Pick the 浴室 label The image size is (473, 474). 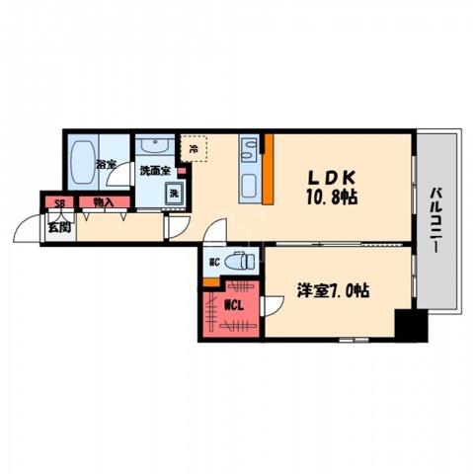pyautogui.click(x=104, y=165)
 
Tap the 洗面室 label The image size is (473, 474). pyautogui.click(x=154, y=171)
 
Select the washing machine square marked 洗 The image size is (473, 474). pyautogui.click(x=172, y=194)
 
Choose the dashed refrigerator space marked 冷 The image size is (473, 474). pyautogui.click(x=194, y=149)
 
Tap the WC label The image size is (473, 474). pyautogui.click(x=212, y=263)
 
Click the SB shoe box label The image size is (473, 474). pyautogui.click(x=59, y=203)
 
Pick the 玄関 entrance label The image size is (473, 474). pyautogui.click(x=58, y=226)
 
